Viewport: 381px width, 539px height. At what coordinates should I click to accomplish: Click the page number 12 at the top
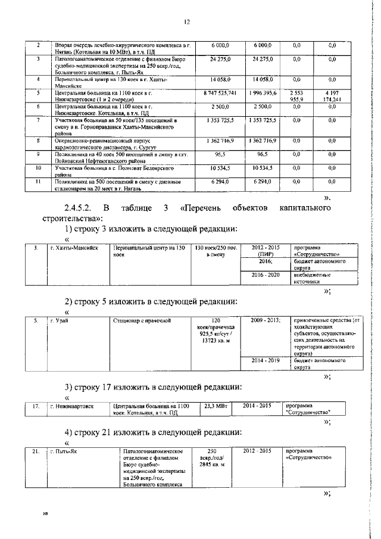186,22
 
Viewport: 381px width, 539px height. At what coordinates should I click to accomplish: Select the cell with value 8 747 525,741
224,94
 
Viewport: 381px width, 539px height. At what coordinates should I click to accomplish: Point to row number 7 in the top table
38,120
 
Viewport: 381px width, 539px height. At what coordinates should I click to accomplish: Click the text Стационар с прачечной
142,320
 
